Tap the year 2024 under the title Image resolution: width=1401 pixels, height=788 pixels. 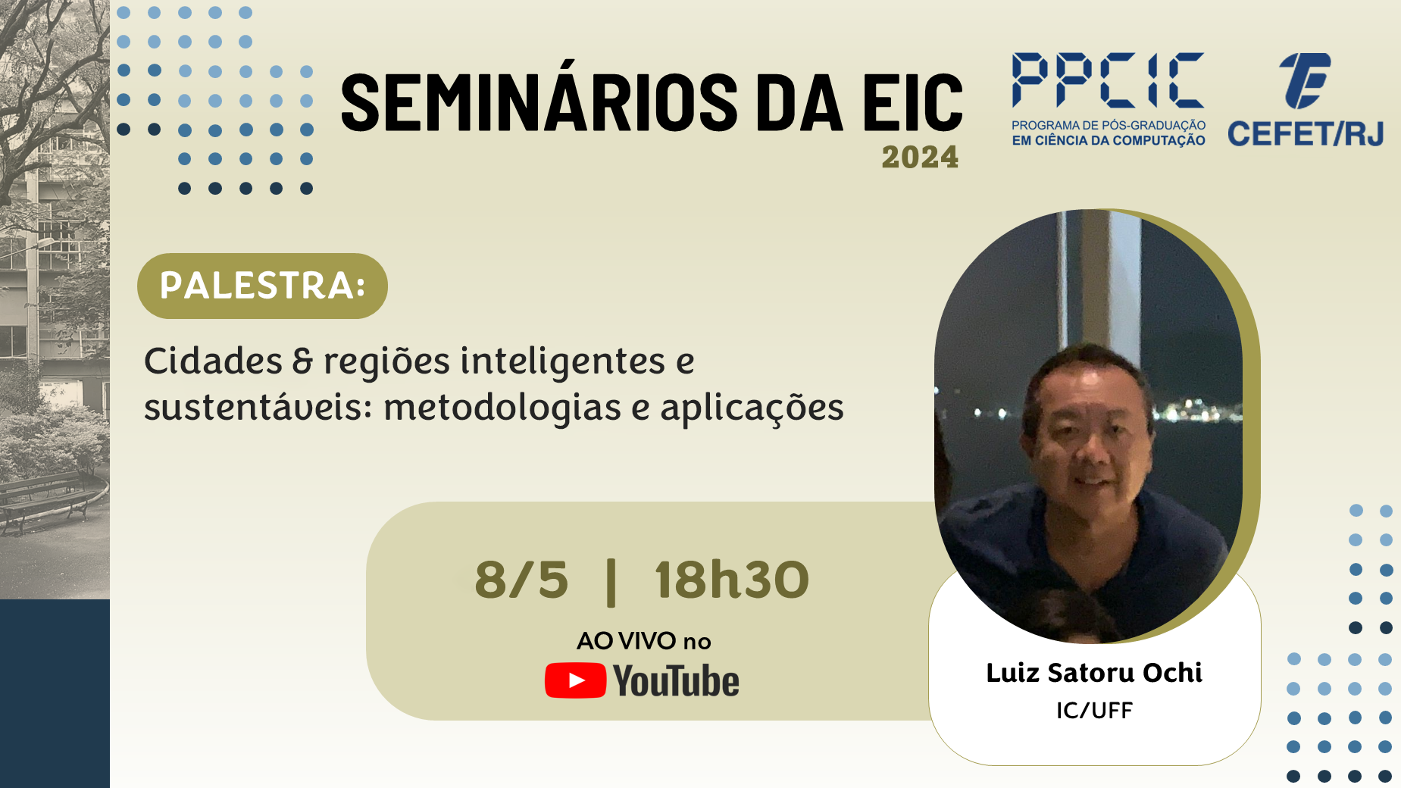coord(920,157)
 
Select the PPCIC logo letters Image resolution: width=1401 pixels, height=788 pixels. coord(1108,80)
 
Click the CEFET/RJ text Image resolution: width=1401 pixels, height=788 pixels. coord(1306,134)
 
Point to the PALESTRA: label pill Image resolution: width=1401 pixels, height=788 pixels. coord(262,286)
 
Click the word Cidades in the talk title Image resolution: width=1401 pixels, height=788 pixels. coord(213,361)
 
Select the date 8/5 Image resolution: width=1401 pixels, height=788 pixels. coord(521,580)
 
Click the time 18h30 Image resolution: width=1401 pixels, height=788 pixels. coord(732,580)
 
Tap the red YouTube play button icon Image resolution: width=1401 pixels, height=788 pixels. coord(575,680)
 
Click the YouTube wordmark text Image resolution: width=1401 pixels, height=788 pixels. coord(677,680)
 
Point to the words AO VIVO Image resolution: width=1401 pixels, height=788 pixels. coord(626,641)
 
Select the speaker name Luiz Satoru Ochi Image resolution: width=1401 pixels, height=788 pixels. coord(1094,673)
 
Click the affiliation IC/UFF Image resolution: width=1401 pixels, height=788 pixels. coord(1094,711)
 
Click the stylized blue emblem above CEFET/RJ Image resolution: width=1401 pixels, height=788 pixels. coord(1305,80)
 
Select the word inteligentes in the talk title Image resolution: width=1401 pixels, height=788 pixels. coord(563,361)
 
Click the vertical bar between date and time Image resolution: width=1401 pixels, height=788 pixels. coord(611,582)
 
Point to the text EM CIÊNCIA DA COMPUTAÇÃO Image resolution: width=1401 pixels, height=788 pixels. coord(1109,140)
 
